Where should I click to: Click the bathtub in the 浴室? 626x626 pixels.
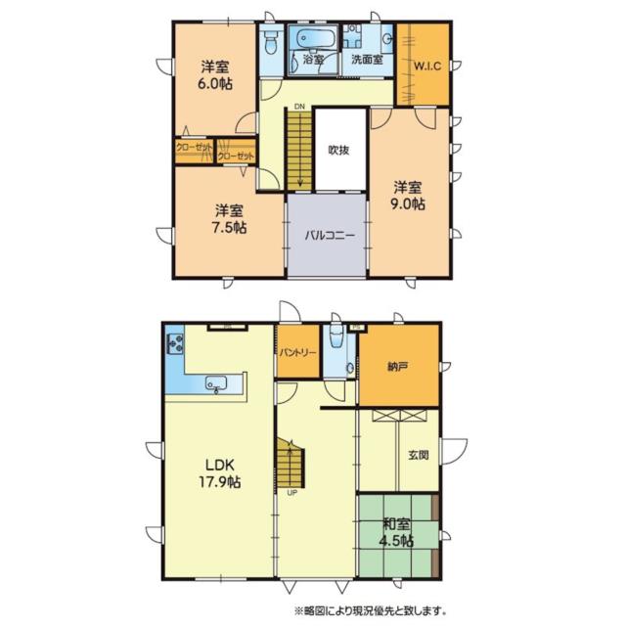pyautogui.click(x=312, y=38)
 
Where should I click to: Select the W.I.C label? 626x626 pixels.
pyautogui.click(x=426, y=66)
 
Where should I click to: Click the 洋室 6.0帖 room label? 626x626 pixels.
pyautogui.click(x=215, y=75)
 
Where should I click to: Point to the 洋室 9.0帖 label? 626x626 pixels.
pyautogui.click(x=408, y=196)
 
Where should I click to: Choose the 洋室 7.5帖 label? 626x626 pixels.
pyautogui.click(x=229, y=219)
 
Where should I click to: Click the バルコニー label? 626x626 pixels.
pyautogui.click(x=330, y=235)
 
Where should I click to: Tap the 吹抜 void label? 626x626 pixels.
pyautogui.click(x=339, y=150)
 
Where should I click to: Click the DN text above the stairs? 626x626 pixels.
pyautogui.click(x=299, y=107)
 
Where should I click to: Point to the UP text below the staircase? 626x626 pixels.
pyautogui.click(x=291, y=493)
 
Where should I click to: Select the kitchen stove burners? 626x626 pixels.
pyautogui.click(x=175, y=343)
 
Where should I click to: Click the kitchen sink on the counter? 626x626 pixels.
pyautogui.click(x=216, y=383)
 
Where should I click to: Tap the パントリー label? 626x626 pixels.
pyautogui.click(x=297, y=352)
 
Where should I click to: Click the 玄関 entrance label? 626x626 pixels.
pyautogui.click(x=418, y=454)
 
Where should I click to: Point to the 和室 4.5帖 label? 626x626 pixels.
pyautogui.click(x=396, y=532)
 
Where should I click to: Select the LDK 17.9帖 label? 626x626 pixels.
pyautogui.click(x=219, y=473)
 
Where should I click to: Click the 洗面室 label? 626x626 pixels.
pyautogui.click(x=368, y=60)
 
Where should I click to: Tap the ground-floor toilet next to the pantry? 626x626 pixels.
pyautogui.click(x=336, y=337)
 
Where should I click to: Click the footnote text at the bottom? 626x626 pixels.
pyautogui.click(x=370, y=610)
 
